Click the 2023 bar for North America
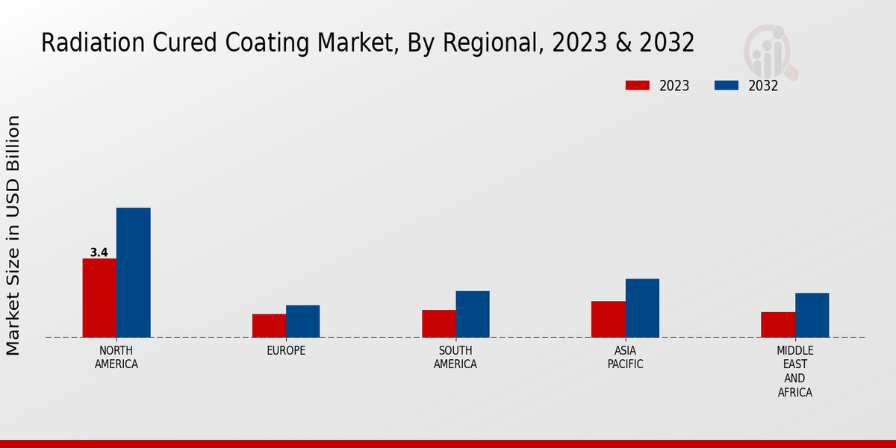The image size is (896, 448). tap(99, 298)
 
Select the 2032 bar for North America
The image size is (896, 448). tap(134, 273)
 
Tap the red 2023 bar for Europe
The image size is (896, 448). tap(269, 326)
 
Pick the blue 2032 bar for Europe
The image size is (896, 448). tap(303, 321)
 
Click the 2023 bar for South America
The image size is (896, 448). tap(438, 323)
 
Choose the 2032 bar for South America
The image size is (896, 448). tap(473, 314)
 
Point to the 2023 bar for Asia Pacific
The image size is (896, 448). tap(609, 319)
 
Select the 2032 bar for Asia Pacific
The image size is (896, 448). tap(642, 308)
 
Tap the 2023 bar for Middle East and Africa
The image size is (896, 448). tap(778, 325)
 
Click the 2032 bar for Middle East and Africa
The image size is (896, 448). tap(812, 315)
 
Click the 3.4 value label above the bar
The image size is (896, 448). tap(99, 252)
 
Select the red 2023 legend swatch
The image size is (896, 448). tap(637, 85)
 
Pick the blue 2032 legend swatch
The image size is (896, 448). tap(727, 85)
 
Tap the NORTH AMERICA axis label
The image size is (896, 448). tap(116, 358)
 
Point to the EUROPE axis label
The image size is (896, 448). tap(286, 350)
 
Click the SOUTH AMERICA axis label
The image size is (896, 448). tap(455, 358)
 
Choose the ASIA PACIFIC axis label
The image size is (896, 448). tap(625, 358)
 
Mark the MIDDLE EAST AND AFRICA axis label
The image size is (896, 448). tap(795, 371)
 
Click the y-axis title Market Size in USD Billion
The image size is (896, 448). tap(13, 235)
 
